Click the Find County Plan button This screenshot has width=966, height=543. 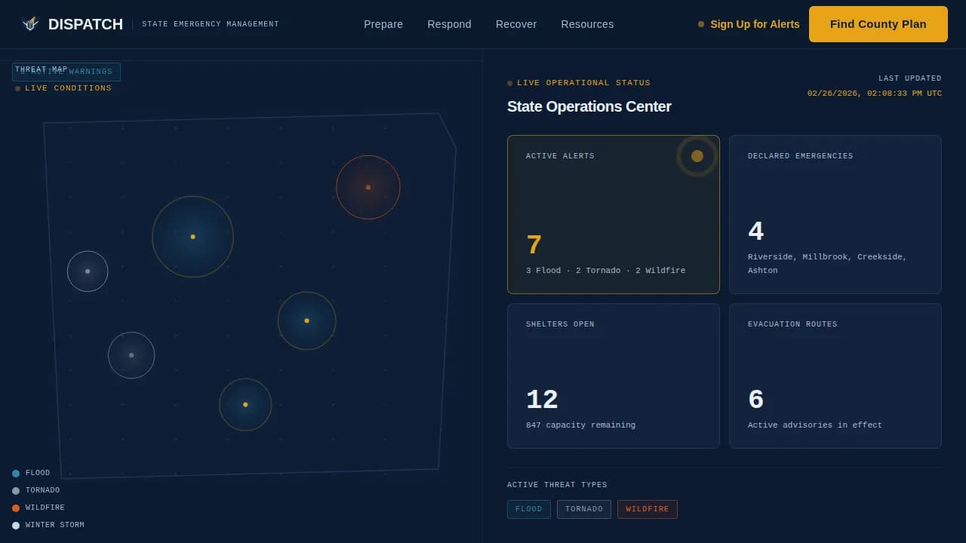click(x=878, y=24)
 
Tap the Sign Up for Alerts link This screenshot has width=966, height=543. click(x=754, y=24)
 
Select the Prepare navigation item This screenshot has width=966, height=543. click(x=383, y=24)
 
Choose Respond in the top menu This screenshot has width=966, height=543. click(x=449, y=24)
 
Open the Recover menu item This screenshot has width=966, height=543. click(x=516, y=24)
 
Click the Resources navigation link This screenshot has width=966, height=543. click(x=587, y=24)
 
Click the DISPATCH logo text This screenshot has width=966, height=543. click(x=85, y=24)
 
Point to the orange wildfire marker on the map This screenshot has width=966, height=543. click(x=368, y=187)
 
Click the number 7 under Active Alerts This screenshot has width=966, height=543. click(x=534, y=245)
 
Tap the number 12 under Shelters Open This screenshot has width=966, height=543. click(x=542, y=400)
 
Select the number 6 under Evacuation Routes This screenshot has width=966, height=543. click(x=755, y=400)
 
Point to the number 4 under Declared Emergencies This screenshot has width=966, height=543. click(x=755, y=232)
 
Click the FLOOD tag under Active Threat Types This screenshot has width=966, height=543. click(x=528, y=509)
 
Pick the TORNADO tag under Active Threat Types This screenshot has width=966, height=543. click(x=584, y=509)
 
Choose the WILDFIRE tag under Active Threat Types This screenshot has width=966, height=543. click(x=647, y=509)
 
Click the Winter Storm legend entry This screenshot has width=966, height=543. click(x=54, y=525)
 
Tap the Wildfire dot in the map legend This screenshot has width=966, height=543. click(x=16, y=508)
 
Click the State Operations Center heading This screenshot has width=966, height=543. click(x=589, y=106)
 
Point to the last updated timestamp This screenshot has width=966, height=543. click(x=874, y=94)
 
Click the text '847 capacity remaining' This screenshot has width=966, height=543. click(x=580, y=425)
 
